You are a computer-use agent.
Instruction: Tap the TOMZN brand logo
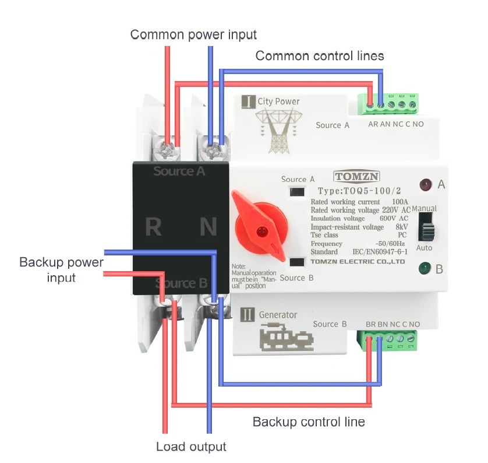click(357, 177)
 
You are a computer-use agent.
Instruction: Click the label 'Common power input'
click(193, 34)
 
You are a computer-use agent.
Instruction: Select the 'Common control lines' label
click(320, 56)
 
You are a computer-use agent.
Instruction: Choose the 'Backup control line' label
click(309, 422)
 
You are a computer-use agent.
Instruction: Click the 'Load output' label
click(191, 447)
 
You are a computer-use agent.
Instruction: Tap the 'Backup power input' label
click(61, 269)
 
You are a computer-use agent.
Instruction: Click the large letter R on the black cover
click(153, 227)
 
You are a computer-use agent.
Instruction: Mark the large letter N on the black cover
click(208, 227)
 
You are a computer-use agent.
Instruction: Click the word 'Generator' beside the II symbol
click(278, 315)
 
